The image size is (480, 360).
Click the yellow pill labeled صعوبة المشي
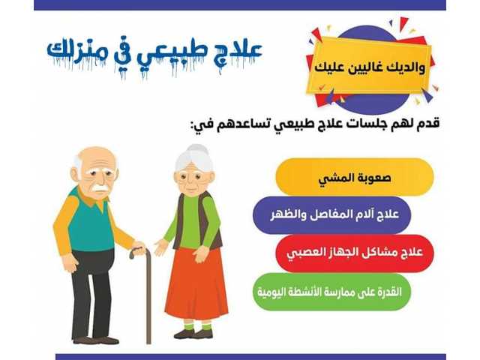tap(354, 178)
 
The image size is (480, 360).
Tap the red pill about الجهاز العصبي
tap(343, 253)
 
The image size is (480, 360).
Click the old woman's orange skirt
tap(197, 285)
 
